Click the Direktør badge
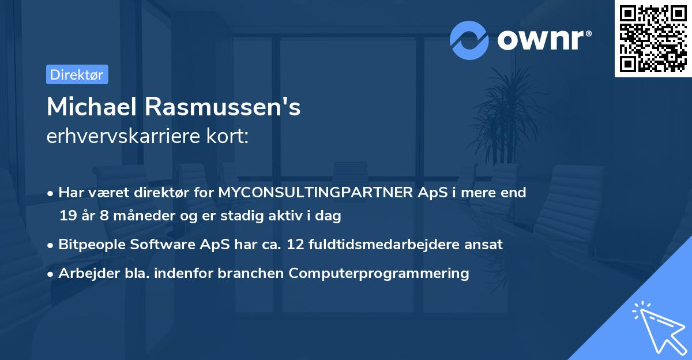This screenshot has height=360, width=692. (x=77, y=74)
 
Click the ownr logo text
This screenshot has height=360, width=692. (x=544, y=40)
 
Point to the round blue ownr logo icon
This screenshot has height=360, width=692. (x=469, y=40)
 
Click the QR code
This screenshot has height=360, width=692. (x=653, y=39)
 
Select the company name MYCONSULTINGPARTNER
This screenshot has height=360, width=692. (x=316, y=193)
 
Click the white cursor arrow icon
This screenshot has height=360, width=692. (x=657, y=326)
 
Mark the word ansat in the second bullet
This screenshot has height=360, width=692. (x=486, y=245)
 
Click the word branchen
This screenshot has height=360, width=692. (x=250, y=273)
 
